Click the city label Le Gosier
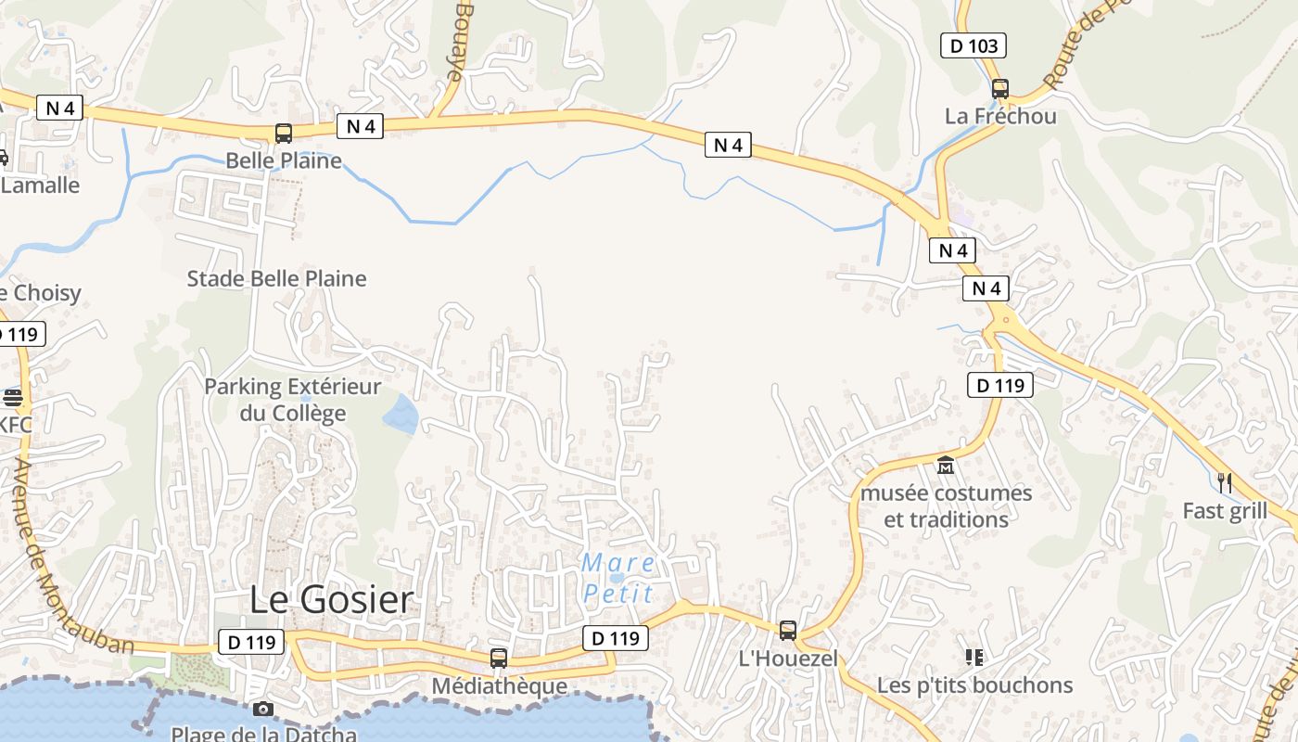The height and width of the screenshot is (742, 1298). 331,599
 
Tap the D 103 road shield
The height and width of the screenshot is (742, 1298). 973,45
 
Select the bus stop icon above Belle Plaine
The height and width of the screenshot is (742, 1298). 284,134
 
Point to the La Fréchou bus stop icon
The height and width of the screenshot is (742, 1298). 999,89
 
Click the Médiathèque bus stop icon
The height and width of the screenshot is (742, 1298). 499,659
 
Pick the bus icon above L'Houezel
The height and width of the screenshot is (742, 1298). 787,631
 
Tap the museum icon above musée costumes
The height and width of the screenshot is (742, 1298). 946,465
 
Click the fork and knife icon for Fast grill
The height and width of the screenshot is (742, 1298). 1225,482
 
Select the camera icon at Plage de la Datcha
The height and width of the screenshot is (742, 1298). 263,710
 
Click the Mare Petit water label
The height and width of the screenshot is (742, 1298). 618,578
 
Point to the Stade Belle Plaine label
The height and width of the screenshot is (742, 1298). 276,278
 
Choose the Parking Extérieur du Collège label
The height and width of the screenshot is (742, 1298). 292,400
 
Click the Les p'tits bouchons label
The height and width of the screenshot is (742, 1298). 974,685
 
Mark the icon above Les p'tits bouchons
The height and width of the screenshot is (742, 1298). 973,658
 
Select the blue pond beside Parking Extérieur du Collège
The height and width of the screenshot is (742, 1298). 401,414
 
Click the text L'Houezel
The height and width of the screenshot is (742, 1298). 787,659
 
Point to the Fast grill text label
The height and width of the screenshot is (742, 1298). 1224,511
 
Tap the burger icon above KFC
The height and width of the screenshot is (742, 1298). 13,398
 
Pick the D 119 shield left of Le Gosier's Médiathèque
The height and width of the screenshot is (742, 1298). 251,641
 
